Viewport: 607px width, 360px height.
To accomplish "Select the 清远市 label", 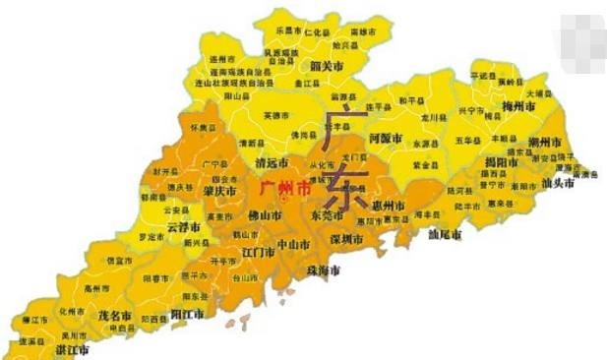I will point(271,162).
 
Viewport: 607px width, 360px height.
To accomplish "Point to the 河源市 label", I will point(358,139).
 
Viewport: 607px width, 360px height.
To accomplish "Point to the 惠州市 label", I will point(390,205).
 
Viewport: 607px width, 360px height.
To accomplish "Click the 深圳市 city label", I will point(348,238).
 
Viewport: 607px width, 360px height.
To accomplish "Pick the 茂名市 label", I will point(115,316).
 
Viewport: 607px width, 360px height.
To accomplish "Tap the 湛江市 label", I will point(71,349).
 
